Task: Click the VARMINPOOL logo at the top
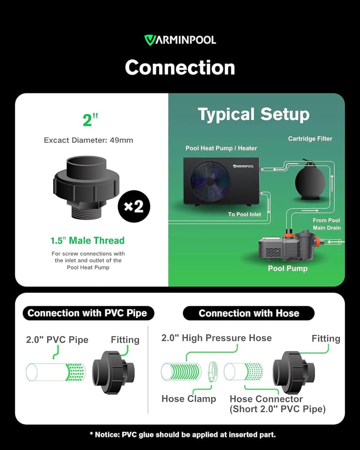[180, 40]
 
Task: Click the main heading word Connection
[180, 67]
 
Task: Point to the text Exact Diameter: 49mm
[88, 140]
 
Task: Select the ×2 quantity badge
[133, 206]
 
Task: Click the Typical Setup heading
[253, 114]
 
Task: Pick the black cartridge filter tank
[310, 183]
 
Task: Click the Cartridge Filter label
[310, 139]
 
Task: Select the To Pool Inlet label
[244, 214]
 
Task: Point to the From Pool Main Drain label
[327, 224]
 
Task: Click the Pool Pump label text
[287, 268]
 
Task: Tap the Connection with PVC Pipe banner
[87, 313]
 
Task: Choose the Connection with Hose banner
[249, 313]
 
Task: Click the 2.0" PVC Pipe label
[57, 340]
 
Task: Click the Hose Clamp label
[189, 399]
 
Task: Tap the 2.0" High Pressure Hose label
[216, 338]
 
